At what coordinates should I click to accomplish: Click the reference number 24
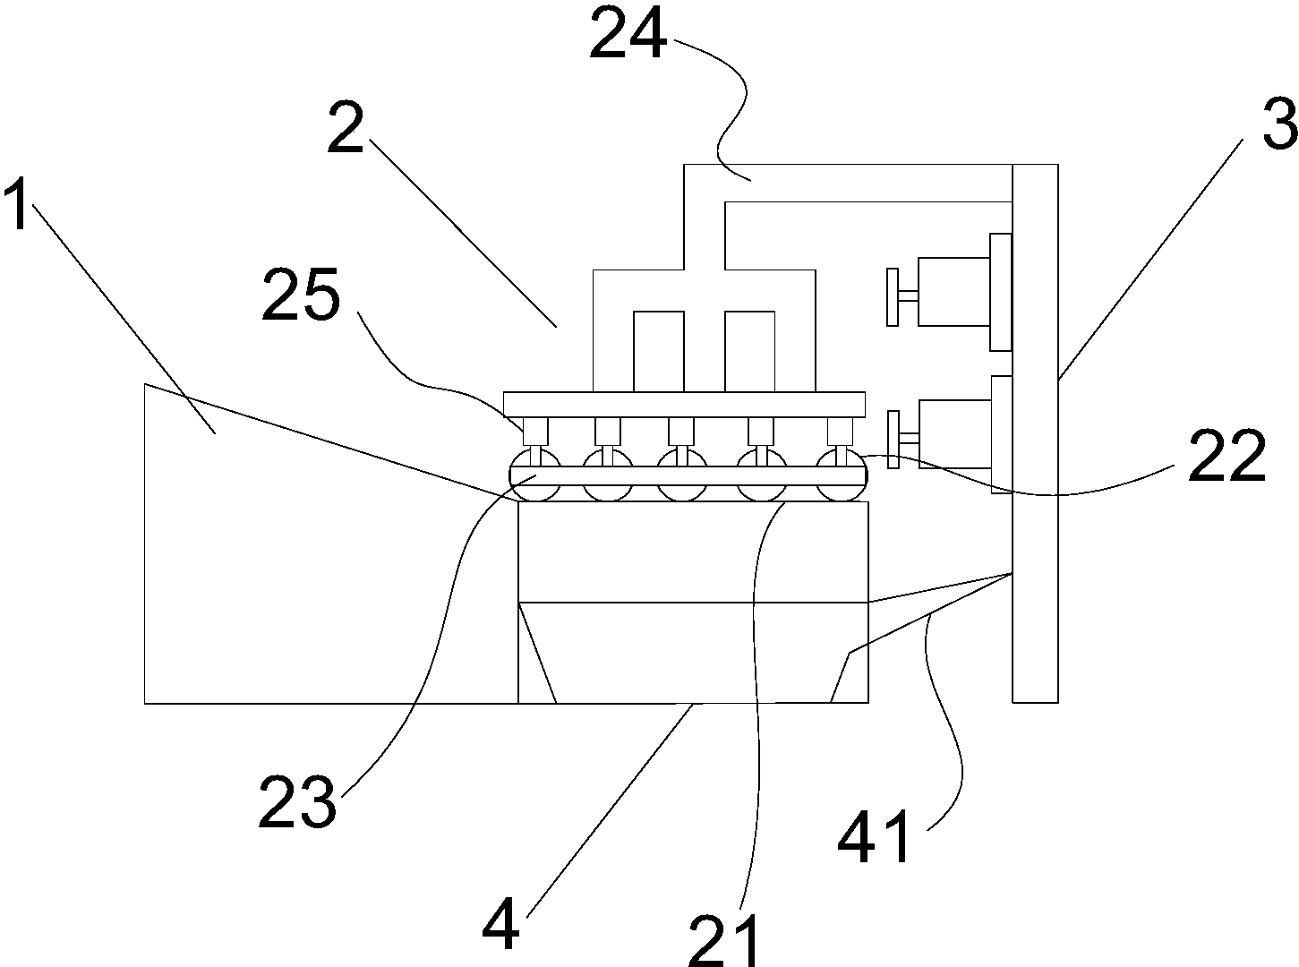(628, 34)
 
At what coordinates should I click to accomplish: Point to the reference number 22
(1227, 456)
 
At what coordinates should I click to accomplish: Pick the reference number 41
(874, 836)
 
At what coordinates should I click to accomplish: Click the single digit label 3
(1279, 124)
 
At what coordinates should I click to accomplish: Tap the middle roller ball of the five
(681, 475)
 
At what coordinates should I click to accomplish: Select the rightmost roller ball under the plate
(842, 475)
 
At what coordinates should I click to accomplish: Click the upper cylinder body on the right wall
(953, 291)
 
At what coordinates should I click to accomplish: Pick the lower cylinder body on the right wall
(954, 433)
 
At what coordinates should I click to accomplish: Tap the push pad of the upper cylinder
(893, 296)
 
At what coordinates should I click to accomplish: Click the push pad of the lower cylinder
(893, 440)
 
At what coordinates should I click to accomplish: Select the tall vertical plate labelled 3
(1035, 432)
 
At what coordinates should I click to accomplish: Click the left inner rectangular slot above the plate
(658, 351)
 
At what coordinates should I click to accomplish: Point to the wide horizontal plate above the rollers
(684, 404)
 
